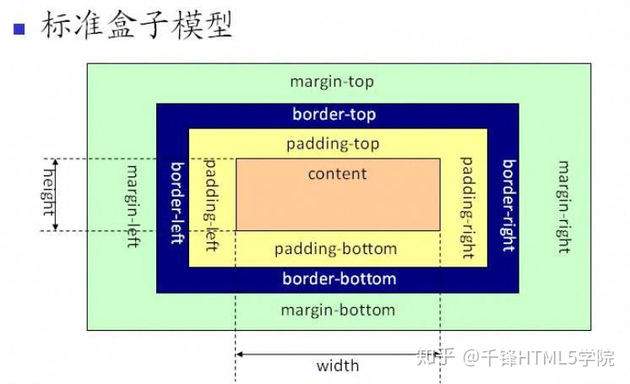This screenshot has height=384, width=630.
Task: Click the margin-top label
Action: [x=331, y=82]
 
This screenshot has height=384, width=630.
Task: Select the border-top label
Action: [x=334, y=114]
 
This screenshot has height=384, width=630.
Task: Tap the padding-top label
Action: [x=333, y=143]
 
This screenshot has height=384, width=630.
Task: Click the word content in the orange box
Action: [x=337, y=174]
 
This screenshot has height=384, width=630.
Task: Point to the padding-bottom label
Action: [x=335, y=249]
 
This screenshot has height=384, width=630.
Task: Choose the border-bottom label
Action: [x=339, y=279]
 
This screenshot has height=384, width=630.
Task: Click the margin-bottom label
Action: [x=338, y=310]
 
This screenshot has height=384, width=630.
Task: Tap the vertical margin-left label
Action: [x=133, y=200]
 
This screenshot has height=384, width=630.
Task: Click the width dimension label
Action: [x=337, y=365]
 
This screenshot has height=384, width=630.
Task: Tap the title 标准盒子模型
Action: [x=135, y=25]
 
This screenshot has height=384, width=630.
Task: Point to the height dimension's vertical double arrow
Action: [x=56, y=194]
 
